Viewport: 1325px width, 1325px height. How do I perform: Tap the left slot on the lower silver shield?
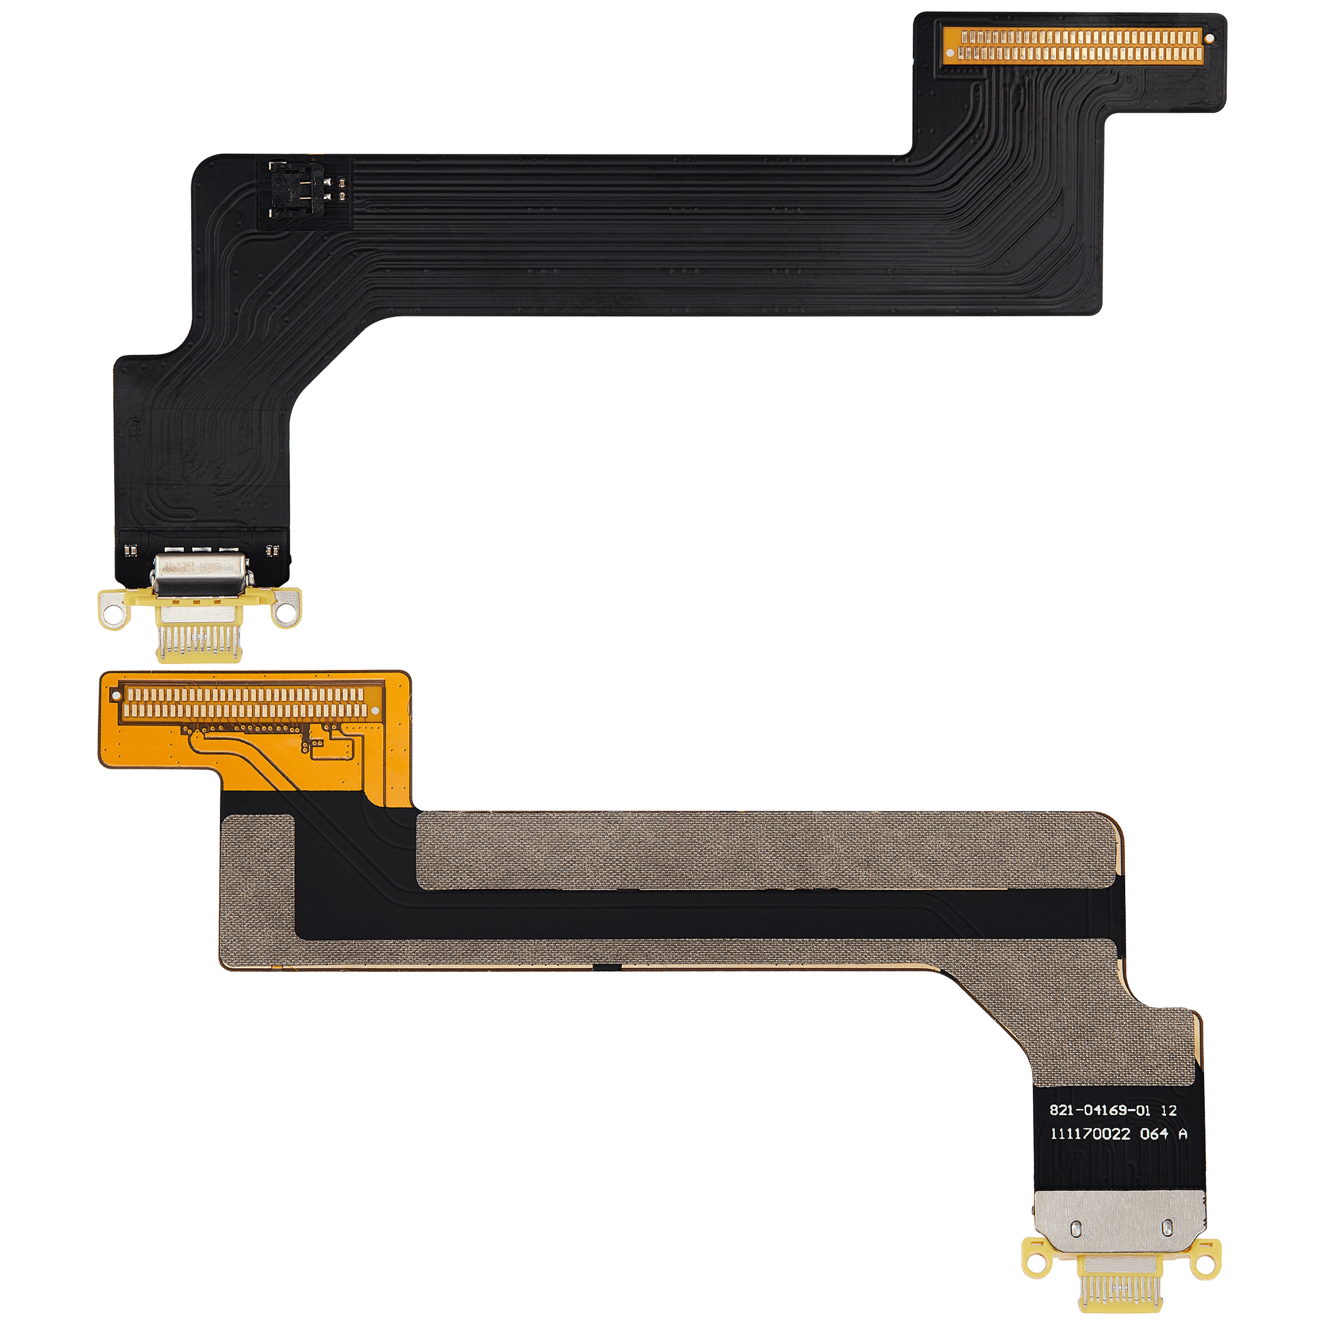1076,1229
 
